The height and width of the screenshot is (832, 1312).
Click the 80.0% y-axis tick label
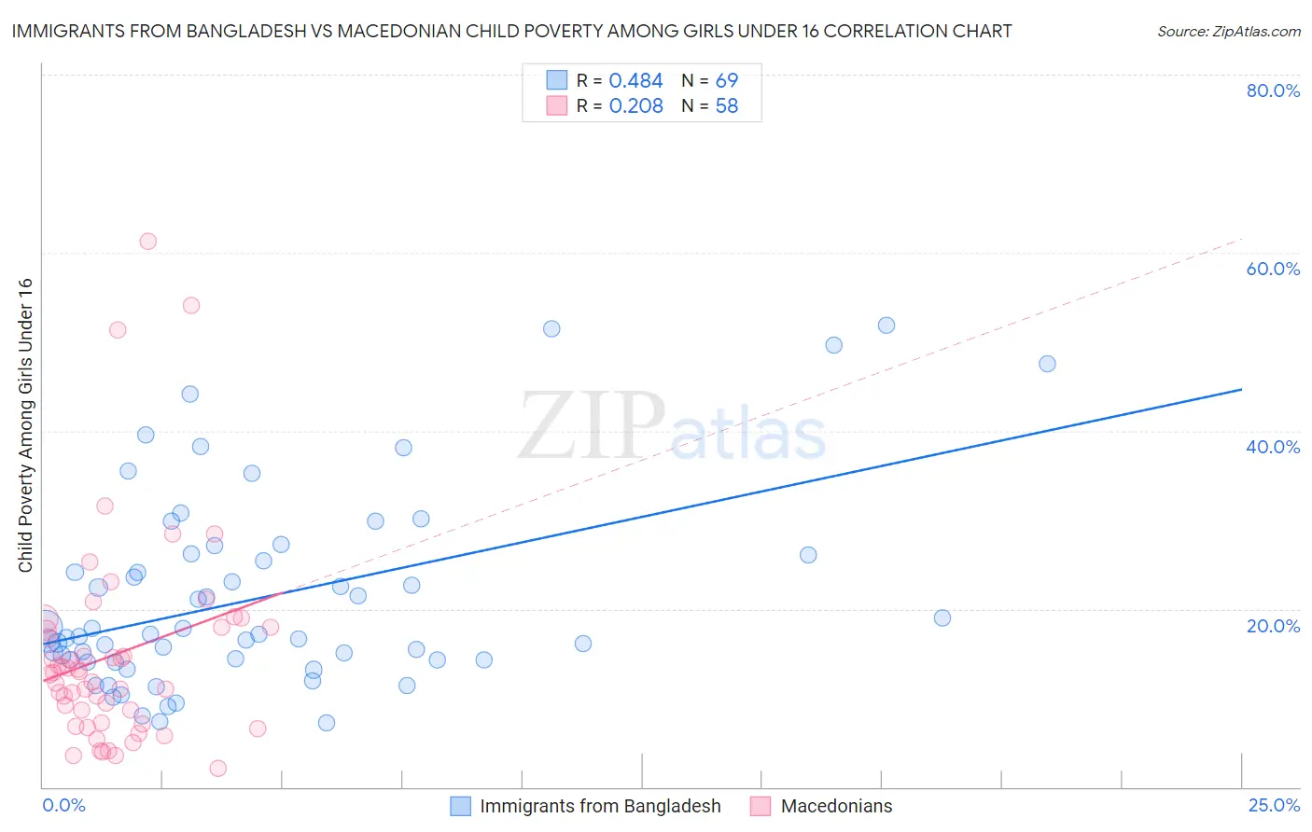coord(1273,90)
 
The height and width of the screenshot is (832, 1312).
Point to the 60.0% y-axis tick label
coord(1273,269)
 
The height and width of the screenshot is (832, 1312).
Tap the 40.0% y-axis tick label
coord(1273,447)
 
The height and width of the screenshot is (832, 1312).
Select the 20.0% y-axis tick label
coord(1273,625)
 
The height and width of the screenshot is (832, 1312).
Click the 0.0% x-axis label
coord(63,805)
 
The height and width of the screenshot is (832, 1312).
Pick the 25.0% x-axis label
coord(1274,805)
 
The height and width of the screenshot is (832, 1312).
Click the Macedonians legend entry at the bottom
coord(836,806)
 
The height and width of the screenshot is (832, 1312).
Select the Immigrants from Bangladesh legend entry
coord(600,806)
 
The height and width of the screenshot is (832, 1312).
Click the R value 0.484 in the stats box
coord(635,81)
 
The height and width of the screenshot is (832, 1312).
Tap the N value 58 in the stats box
coord(727,106)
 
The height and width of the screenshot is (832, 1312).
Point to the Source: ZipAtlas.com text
coord(1228,32)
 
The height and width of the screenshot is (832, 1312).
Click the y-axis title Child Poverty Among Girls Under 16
coord(25,425)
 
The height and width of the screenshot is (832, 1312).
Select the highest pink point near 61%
coord(147,242)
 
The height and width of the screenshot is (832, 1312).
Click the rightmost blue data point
coord(1047,364)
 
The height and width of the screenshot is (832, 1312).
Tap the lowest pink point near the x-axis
coord(217,769)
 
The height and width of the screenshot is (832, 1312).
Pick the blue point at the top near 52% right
coord(886,326)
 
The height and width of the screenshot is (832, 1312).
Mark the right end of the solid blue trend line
coord(1241,389)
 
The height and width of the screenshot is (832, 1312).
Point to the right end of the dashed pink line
coord(1241,240)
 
